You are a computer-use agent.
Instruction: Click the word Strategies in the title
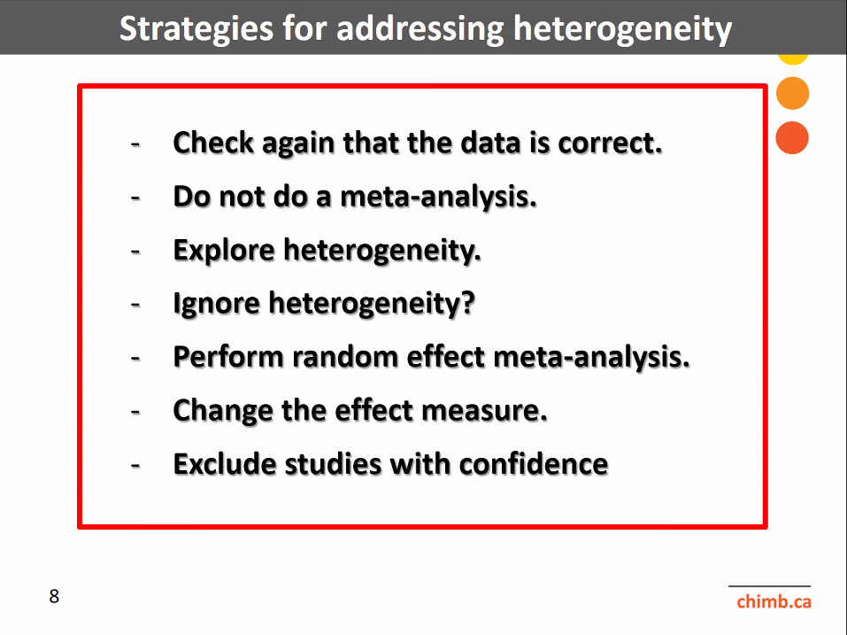(x=196, y=28)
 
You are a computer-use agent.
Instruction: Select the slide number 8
(x=54, y=596)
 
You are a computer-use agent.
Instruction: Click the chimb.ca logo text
(x=774, y=601)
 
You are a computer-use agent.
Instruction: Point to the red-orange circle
(x=792, y=138)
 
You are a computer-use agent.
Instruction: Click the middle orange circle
(x=792, y=93)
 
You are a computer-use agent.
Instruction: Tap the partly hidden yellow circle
(x=793, y=59)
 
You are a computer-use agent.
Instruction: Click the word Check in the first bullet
(x=213, y=143)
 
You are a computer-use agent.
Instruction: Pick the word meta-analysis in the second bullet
(x=438, y=197)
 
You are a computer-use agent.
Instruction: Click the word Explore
(x=224, y=251)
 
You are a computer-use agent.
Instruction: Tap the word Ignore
(x=217, y=303)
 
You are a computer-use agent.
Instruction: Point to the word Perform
(x=228, y=357)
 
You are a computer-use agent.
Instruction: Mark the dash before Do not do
(x=135, y=197)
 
